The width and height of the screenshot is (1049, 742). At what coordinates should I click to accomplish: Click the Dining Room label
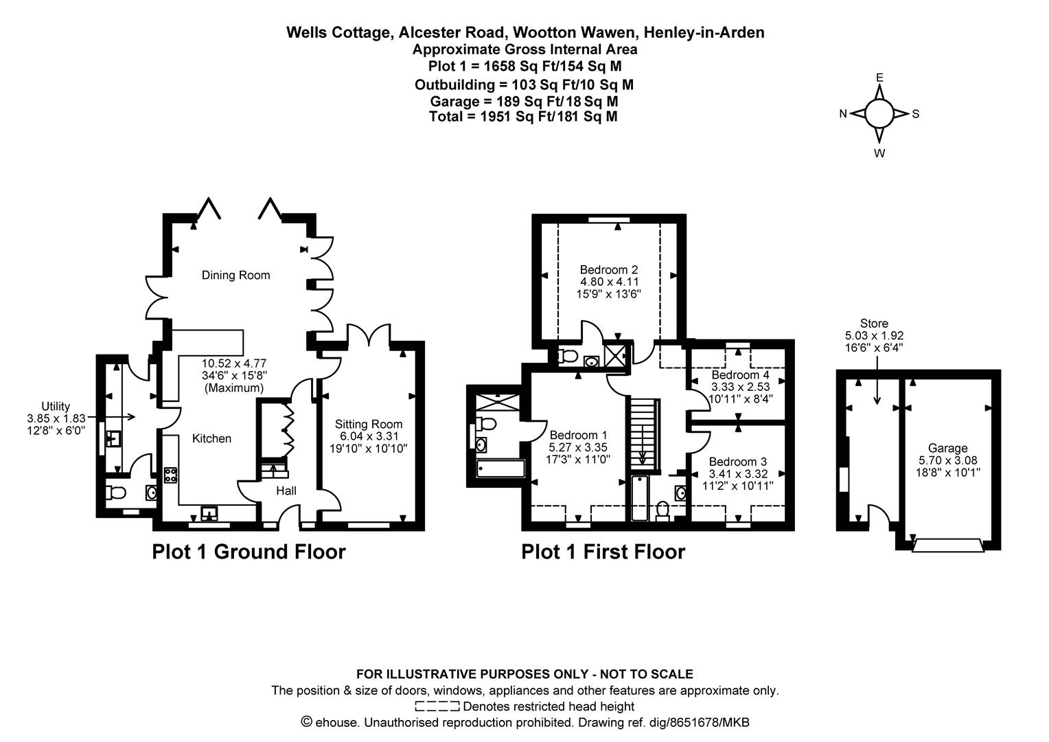click(x=235, y=276)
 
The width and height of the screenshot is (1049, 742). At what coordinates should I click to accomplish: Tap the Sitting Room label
click(x=368, y=425)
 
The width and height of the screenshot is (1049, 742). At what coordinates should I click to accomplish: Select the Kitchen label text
click(x=211, y=439)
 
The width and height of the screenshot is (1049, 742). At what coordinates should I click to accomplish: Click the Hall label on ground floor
click(x=286, y=491)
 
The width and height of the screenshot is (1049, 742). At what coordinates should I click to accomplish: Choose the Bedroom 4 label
click(x=740, y=375)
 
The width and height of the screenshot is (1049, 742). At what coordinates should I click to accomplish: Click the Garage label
click(x=947, y=449)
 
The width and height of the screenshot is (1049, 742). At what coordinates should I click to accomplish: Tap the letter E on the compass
click(x=879, y=78)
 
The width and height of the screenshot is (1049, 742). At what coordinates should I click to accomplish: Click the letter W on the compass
click(x=879, y=153)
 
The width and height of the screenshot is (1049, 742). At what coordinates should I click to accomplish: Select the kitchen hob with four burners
click(x=170, y=475)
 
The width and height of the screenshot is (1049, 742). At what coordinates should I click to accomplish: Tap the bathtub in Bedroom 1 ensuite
click(x=500, y=470)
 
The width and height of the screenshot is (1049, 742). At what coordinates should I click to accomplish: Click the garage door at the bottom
click(x=947, y=546)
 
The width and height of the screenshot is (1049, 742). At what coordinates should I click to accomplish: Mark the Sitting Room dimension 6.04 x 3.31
click(x=368, y=436)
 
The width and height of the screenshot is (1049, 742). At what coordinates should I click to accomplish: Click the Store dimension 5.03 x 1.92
click(x=874, y=336)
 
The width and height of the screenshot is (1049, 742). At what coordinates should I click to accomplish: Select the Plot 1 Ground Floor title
click(x=249, y=552)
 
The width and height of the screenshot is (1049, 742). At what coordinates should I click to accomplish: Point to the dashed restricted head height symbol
click(x=437, y=706)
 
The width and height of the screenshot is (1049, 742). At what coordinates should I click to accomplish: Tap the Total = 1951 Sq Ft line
click(x=523, y=117)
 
